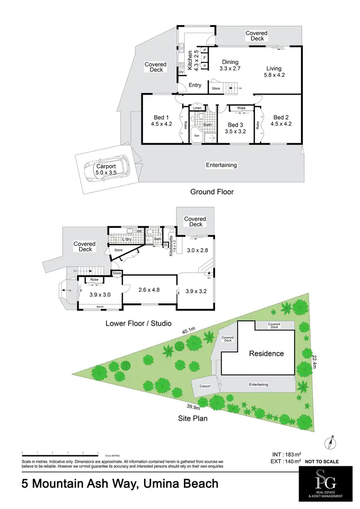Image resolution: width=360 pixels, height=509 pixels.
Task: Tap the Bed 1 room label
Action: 161,118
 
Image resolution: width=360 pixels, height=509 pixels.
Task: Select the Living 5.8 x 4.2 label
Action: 274,69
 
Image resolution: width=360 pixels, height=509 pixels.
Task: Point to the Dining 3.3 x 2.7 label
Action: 230,62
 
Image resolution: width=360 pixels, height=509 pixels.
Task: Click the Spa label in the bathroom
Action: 196,136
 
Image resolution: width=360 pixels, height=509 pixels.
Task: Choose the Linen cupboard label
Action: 197,109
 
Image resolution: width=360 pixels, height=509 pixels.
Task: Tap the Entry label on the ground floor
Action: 195,85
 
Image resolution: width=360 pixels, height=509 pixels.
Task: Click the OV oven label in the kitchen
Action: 181,73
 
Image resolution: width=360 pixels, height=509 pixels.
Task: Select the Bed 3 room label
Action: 236,125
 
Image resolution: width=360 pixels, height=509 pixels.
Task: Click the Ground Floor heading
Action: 212,192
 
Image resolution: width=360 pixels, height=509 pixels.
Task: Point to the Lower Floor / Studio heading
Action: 138,323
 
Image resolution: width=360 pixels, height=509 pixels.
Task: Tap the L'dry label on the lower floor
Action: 127,239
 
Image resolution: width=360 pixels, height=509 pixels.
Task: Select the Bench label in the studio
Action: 100,306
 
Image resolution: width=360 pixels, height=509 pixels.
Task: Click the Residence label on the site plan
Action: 266,353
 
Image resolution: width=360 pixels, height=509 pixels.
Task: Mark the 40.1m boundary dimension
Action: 188,330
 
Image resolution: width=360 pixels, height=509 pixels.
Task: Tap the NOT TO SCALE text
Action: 322,461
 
